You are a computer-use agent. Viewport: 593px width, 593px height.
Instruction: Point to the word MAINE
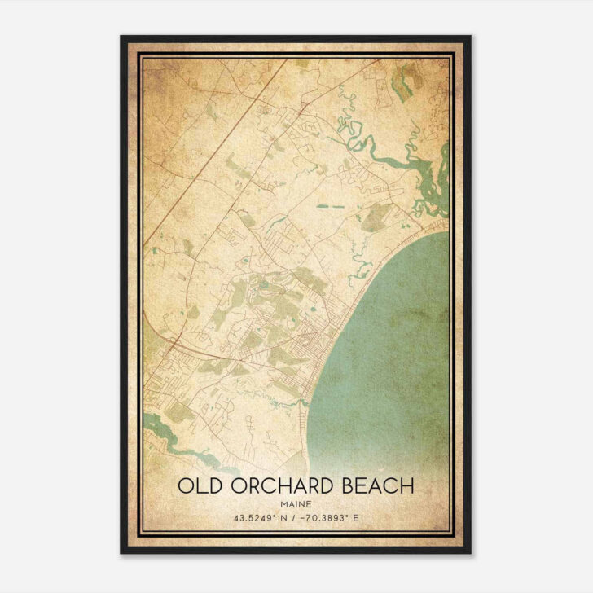click(x=296, y=503)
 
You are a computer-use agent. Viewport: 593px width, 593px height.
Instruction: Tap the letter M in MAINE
click(x=282, y=503)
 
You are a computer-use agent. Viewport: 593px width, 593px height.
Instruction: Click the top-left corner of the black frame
click(x=122, y=37)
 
